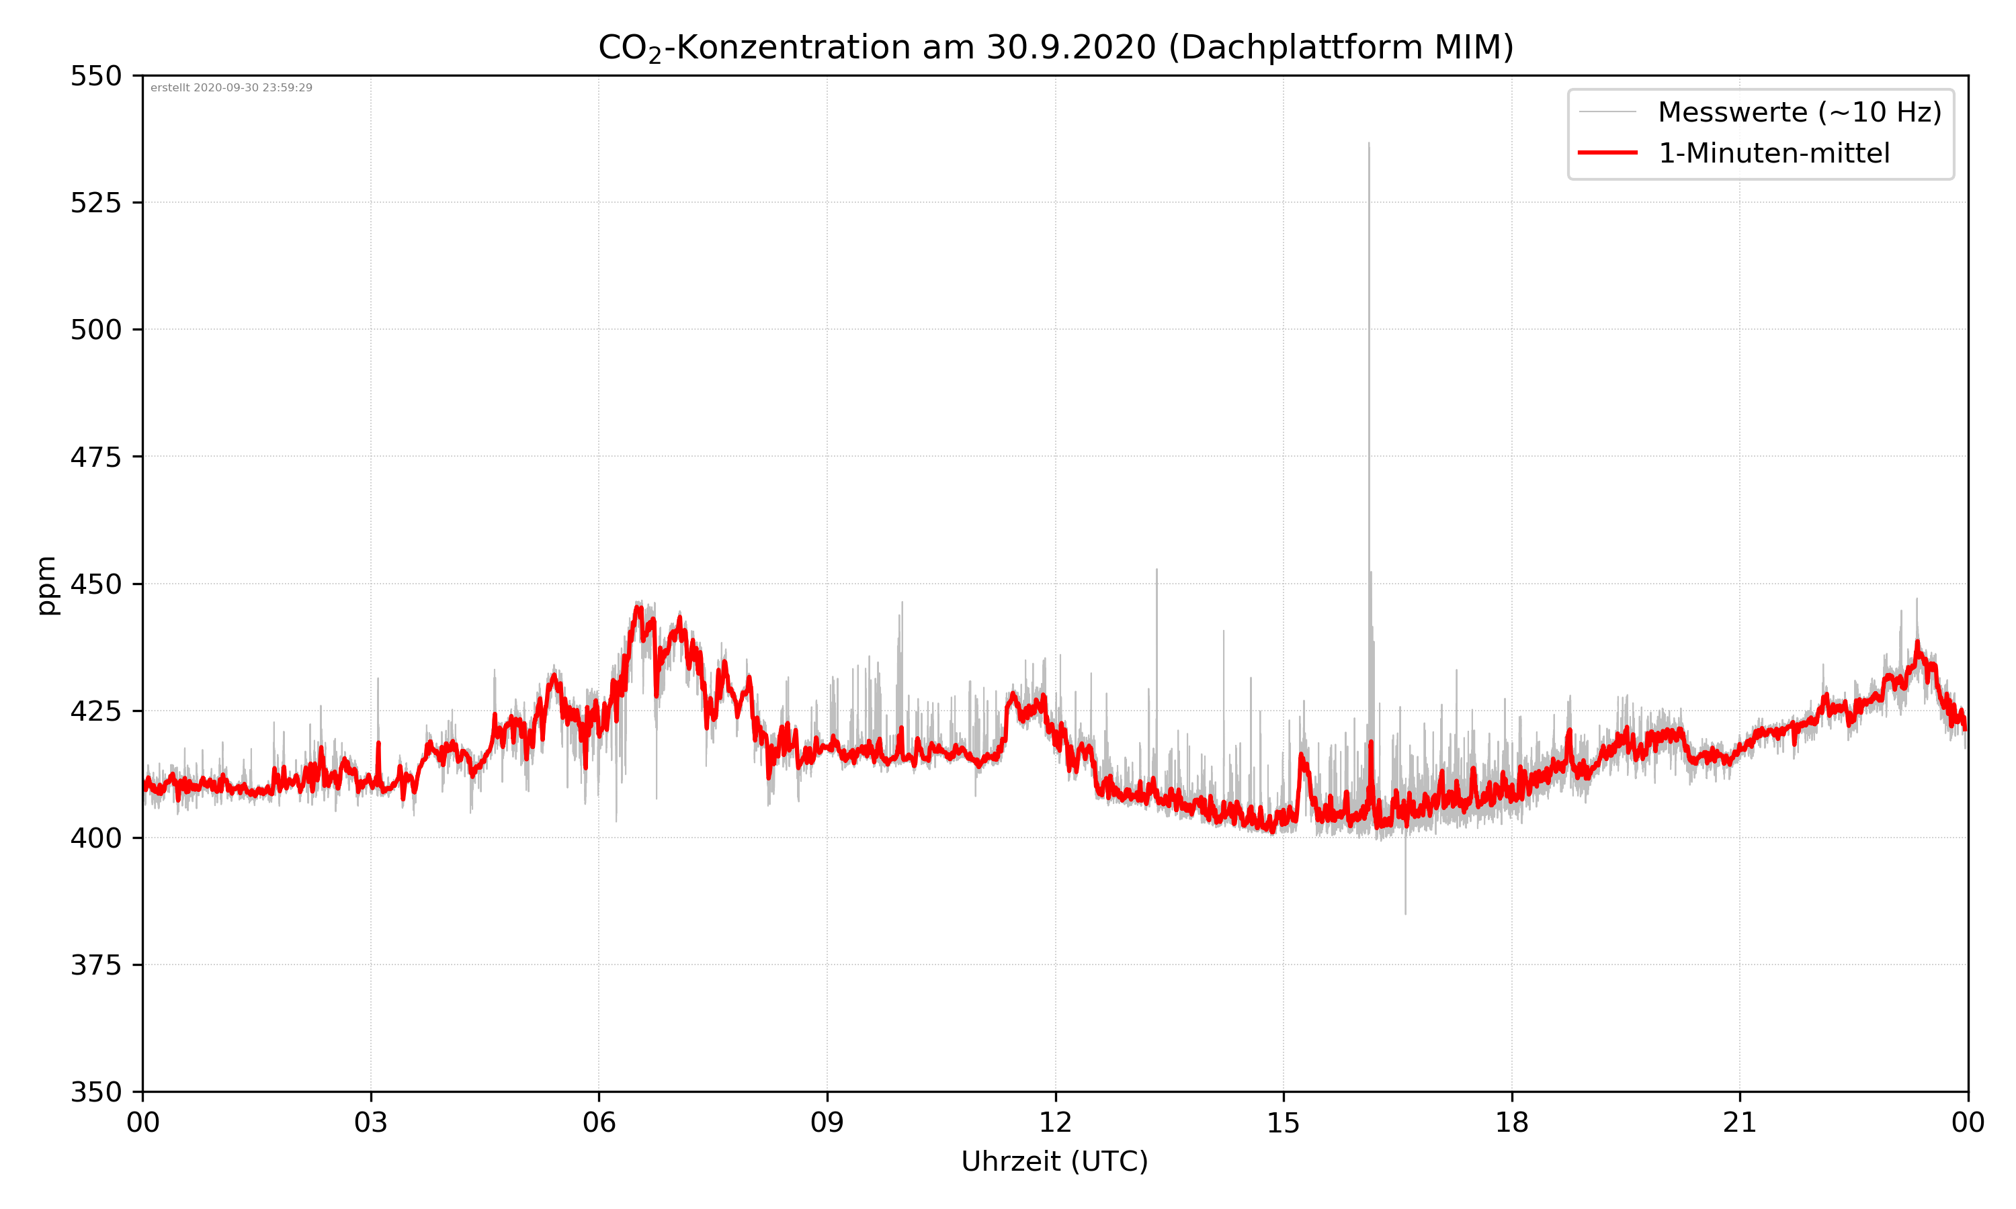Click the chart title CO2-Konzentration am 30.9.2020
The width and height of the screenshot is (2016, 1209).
1055,47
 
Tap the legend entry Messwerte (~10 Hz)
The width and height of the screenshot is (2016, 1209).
1799,112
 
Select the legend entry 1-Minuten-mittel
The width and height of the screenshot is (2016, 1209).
1773,153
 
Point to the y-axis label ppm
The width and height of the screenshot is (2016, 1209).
47,585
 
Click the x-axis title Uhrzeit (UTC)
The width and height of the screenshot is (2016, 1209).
1054,1161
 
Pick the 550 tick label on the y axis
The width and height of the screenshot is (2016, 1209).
95,77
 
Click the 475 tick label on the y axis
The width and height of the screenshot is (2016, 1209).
95,457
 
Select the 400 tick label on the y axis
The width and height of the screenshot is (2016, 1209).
95,838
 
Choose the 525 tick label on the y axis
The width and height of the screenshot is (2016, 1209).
95,203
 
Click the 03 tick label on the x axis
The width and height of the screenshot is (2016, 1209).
371,1122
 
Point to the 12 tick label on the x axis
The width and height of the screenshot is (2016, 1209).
1055,1122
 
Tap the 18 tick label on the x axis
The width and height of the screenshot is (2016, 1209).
1511,1122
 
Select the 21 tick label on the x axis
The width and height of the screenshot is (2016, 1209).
1740,1122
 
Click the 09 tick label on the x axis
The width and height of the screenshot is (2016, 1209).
827,1122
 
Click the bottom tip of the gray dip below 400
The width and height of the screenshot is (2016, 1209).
1405,913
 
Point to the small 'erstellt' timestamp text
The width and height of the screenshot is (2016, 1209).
231,88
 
